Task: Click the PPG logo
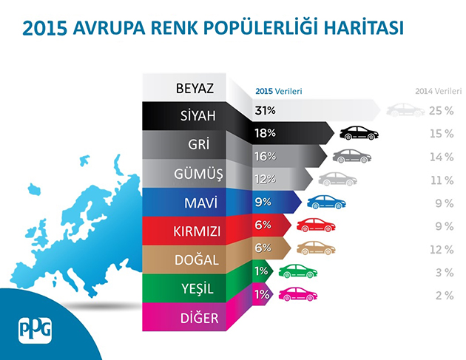coord(35,330)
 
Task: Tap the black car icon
coord(359,133)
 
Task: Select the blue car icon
coord(326,202)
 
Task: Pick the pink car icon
coord(298,294)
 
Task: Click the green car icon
coord(298,271)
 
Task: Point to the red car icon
coord(316,225)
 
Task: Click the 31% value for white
coord(265,110)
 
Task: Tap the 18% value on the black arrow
coord(265,133)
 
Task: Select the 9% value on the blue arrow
coord(263,203)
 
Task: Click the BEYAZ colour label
coord(195,88)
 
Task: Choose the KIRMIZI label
coord(197,231)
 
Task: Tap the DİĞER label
coord(200,318)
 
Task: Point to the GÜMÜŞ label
coord(198,174)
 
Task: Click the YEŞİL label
coord(197,288)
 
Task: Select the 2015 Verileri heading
coord(278,91)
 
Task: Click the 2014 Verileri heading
coord(439,91)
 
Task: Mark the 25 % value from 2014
coord(442,111)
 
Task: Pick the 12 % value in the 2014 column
coord(442,250)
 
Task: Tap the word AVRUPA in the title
coord(109,28)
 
